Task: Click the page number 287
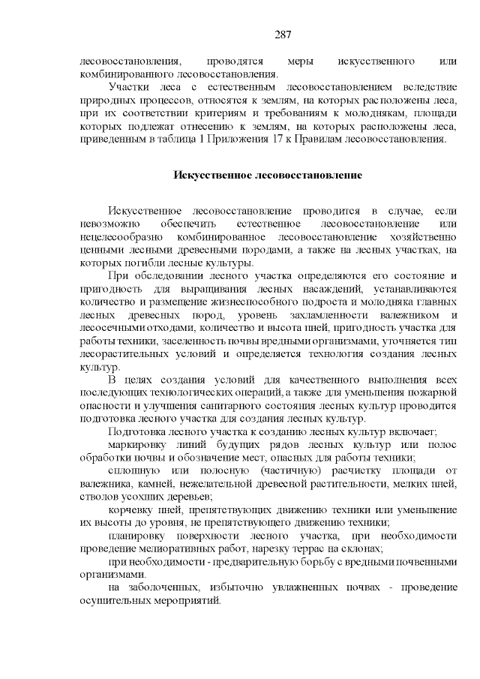click(283, 35)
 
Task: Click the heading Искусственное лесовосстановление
click(268, 176)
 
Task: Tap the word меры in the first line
click(289, 61)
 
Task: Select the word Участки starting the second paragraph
click(127, 88)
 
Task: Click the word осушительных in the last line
click(113, 602)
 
